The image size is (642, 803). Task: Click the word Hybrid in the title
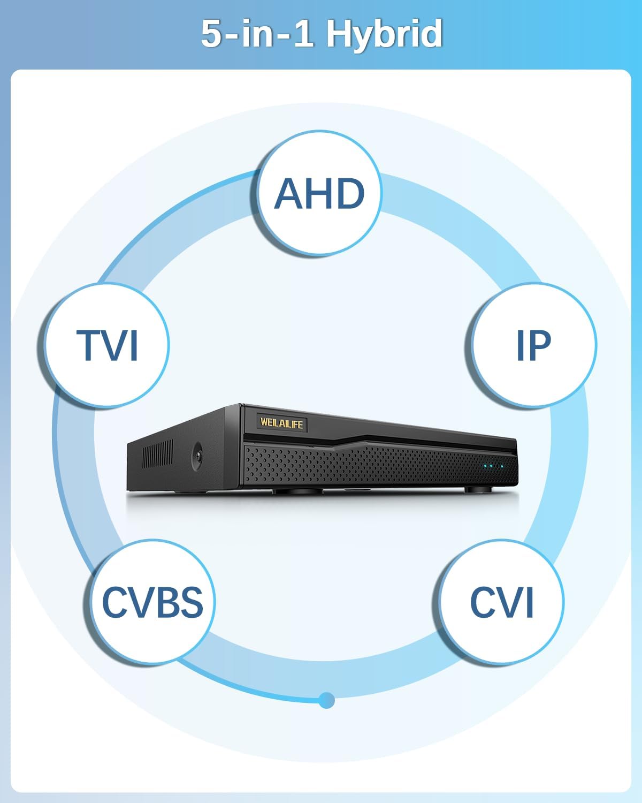click(384, 34)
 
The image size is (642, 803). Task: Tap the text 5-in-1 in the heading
click(257, 34)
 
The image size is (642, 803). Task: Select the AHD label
click(319, 193)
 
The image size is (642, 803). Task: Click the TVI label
click(108, 345)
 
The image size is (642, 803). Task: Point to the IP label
click(533, 345)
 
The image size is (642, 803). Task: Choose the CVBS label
click(152, 602)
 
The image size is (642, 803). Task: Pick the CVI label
click(502, 602)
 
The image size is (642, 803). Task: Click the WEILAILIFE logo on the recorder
click(281, 423)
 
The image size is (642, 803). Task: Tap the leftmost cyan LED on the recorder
click(485, 466)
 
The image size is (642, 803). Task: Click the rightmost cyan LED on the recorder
click(502, 466)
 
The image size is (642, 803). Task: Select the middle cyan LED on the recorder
click(493, 466)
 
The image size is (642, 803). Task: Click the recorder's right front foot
click(476, 489)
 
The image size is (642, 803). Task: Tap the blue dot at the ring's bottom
click(326, 700)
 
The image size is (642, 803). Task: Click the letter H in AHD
click(319, 193)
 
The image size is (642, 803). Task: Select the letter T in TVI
click(89, 345)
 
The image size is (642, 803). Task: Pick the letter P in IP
click(541, 345)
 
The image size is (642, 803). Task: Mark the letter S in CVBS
click(191, 602)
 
